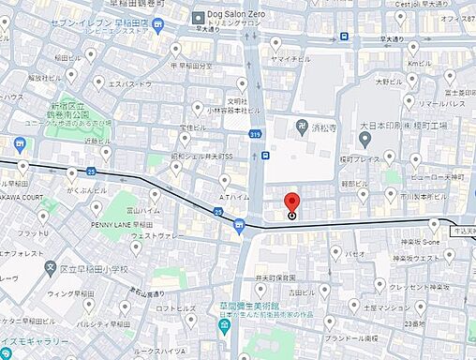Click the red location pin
(291, 202)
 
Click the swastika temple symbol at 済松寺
(303, 126)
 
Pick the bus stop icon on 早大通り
(344, 37)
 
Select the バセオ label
(355, 254)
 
